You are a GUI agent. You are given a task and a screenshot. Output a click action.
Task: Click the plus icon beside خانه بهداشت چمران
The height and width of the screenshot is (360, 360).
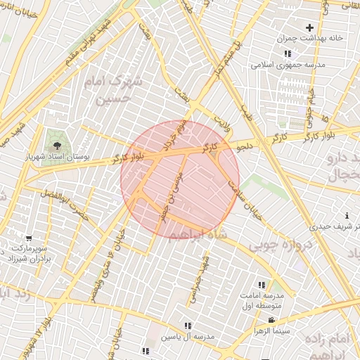(x=309, y=27)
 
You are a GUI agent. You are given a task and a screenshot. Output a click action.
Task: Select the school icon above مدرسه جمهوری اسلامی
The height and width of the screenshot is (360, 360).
(x=287, y=53)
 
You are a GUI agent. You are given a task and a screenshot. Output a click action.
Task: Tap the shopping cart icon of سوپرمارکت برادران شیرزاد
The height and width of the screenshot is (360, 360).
(x=28, y=238)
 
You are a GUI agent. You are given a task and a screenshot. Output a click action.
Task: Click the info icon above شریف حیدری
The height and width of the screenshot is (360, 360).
(x=347, y=215)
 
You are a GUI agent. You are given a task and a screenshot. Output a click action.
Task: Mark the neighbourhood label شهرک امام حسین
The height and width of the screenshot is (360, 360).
(x=112, y=91)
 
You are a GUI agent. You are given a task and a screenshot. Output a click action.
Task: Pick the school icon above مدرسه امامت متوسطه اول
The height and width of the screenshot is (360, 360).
(x=262, y=285)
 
